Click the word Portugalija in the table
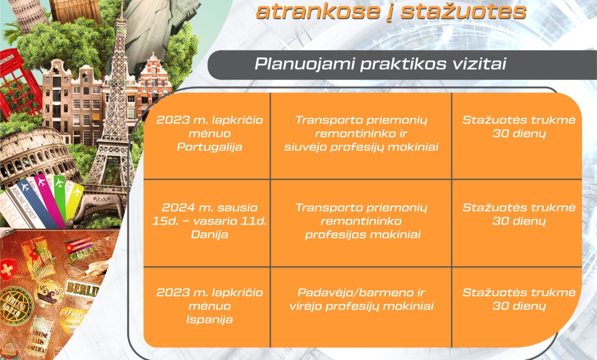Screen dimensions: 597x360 209,147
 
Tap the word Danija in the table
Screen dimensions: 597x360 209,235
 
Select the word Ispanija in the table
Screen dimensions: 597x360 209,320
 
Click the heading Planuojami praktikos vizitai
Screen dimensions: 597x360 380,64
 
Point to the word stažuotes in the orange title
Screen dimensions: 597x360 463,11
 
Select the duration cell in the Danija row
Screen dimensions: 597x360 517,223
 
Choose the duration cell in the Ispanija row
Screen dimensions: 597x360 517,307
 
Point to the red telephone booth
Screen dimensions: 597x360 19,84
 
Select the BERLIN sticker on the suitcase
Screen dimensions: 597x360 82,289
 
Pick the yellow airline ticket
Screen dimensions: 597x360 74,202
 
